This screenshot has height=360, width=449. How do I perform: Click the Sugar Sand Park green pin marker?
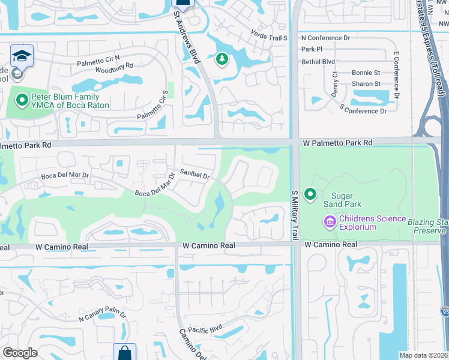310,194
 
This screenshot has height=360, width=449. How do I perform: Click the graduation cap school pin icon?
22,56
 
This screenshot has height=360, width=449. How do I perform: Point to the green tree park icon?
222,59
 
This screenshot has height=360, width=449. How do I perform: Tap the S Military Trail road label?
295,215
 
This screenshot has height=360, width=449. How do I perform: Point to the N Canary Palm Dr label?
103,316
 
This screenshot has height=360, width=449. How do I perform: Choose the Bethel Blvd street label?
318,61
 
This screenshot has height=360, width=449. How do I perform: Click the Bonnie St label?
366,73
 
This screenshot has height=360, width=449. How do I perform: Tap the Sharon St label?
366,83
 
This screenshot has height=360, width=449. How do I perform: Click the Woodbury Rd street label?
113,66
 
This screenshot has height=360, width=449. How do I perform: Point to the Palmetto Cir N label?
98,61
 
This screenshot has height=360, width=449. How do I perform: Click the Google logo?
20,353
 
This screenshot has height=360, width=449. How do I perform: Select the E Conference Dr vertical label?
396,75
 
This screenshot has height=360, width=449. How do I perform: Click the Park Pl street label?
312,49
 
